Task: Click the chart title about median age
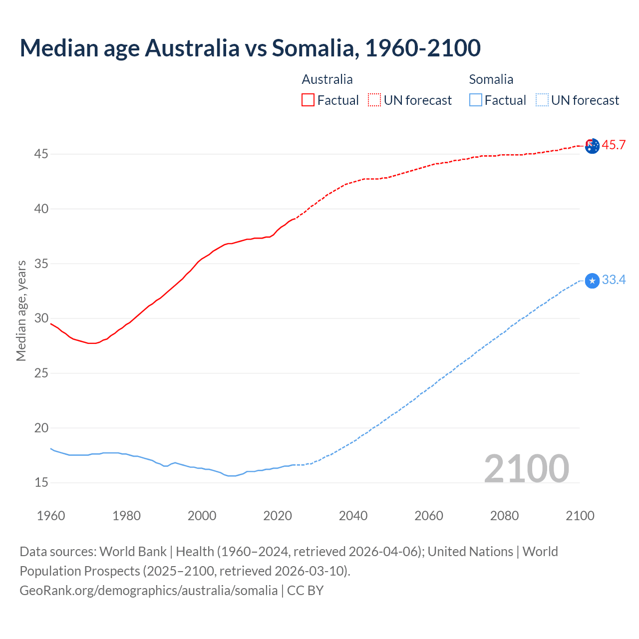[250, 48]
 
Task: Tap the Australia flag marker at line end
[592, 146]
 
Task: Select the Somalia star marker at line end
[592, 281]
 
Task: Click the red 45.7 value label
[614, 145]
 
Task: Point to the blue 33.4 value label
[614, 280]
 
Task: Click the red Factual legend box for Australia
[308, 100]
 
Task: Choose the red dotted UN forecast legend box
[374, 100]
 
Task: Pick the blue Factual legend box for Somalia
[476, 100]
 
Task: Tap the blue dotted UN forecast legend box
[542, 100]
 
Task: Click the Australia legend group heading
[327, 79]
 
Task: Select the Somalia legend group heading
[491, 79]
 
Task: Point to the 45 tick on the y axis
[41, 154]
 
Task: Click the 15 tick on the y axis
[41, 483]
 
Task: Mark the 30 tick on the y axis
[41, 319]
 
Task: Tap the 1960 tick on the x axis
[51, 516]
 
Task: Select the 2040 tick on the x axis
[353, 516]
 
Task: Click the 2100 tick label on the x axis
[580, 516]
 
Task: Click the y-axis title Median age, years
[21, 311]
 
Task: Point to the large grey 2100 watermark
[526, 469]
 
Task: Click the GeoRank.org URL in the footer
[148, 591]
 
